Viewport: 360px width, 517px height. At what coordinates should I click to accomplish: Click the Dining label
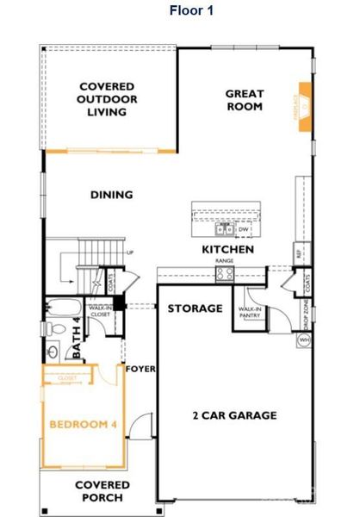click(x=112, y=195)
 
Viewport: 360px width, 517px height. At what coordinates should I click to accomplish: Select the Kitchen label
click(x=227, y=249)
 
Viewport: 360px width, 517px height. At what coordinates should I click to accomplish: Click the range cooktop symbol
click(x=225, y=273)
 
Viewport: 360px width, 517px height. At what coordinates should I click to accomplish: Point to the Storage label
click(x=196, y=308)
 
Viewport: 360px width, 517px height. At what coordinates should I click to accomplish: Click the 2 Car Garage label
click(x=234, y=415)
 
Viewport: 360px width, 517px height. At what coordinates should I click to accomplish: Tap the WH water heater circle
click(x=304, y=340)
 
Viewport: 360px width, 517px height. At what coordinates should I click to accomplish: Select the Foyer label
click(x=141, y=369)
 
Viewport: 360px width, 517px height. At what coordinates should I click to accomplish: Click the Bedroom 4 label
click(x=84, y=425)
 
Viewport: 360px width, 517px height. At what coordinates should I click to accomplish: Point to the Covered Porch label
click(x=102, y=491)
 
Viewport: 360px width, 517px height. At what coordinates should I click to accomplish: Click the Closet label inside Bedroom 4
click(x=67, y=377)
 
